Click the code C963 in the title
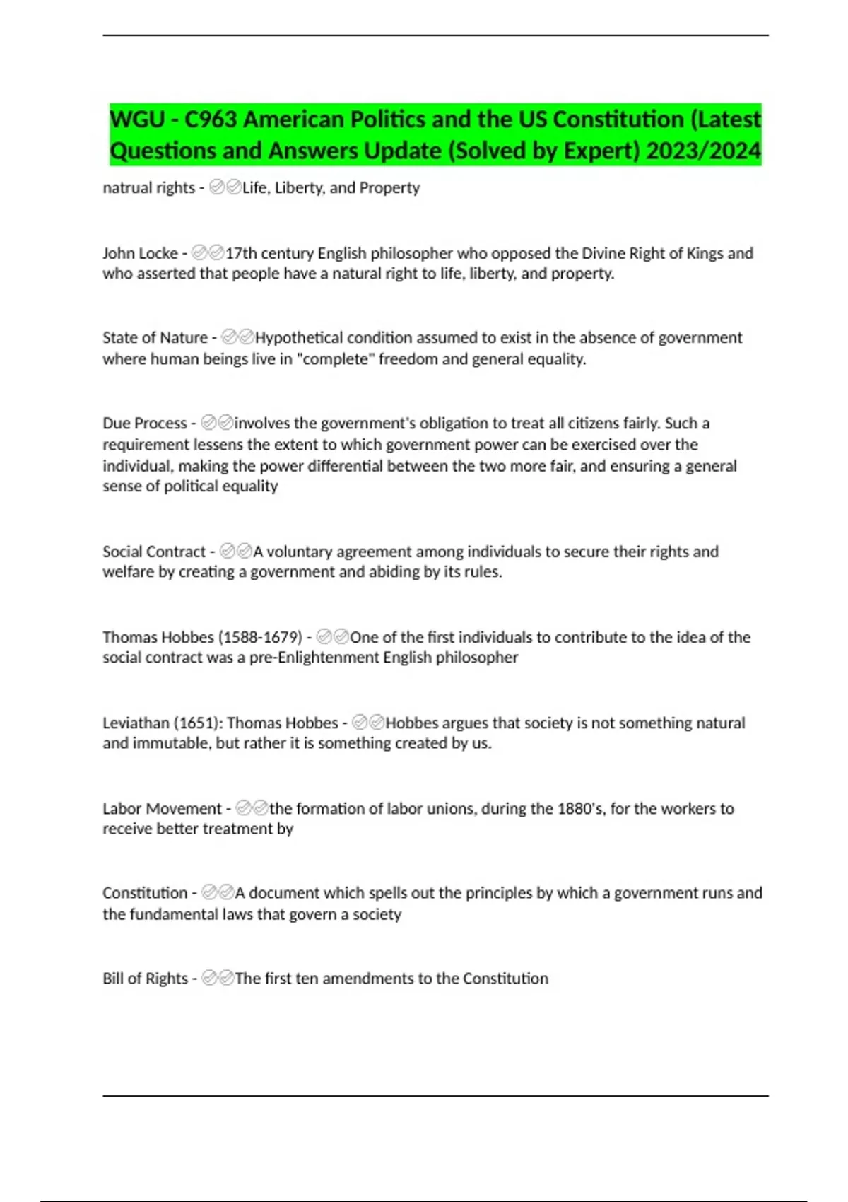tap(211, 119)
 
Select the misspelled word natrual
tap(126, 187)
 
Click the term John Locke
tap(140, 253)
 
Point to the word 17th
tap(241, 253)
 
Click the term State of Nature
tap(155, 337)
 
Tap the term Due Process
tap(145, 423)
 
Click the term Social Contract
tap(154, 552)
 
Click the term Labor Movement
tap(162, 808)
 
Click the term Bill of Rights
tap(145, 979)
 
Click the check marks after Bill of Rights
tap(218, 979)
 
